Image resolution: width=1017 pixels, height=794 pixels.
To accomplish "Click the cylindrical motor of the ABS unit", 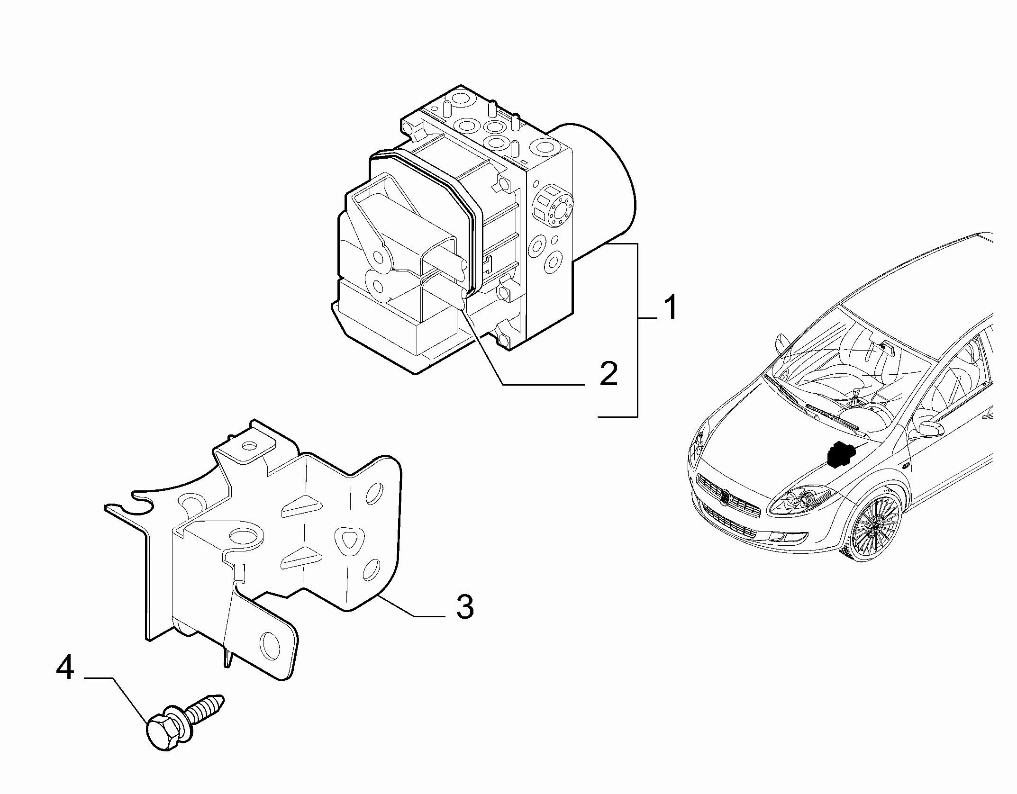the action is click(599, 180).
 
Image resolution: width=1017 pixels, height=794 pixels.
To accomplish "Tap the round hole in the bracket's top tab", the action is click(248, 446).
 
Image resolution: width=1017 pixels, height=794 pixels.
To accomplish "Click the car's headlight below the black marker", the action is click(801, 500).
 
